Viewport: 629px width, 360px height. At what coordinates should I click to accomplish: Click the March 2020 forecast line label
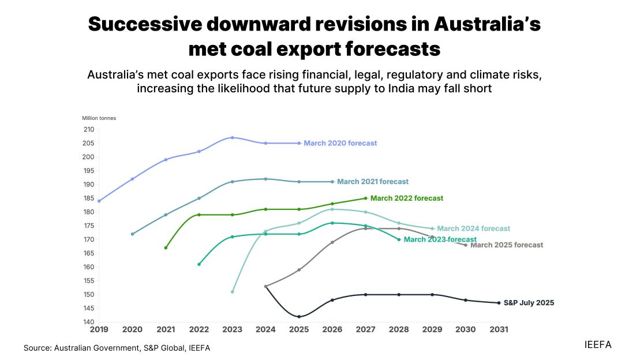[340, 143]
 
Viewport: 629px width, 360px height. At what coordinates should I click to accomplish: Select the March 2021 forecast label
[373, 182]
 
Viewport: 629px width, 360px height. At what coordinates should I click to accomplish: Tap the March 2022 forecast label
[407, 198]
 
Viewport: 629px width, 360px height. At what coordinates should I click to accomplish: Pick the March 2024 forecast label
[473, 228]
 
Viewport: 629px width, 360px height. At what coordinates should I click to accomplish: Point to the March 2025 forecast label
[507, 245]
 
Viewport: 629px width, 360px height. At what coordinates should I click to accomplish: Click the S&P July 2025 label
[529, 302]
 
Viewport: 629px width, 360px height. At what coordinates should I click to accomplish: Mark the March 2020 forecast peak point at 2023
[232, 137]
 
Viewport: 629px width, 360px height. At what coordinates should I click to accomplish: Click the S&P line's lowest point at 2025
[299, 317]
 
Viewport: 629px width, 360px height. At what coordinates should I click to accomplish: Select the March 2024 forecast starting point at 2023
[232, 292]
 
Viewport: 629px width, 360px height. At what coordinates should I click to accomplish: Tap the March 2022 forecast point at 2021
[166, 247]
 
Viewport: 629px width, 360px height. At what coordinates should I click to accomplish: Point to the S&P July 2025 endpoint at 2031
[499, 303]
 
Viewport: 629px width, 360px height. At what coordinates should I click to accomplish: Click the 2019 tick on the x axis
[99, 329]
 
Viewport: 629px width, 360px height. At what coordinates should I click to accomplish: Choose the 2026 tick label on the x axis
[332, 329]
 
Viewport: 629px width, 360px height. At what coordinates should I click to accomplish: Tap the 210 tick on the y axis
[88, 129]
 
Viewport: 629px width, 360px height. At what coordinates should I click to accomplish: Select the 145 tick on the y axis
[88, 308]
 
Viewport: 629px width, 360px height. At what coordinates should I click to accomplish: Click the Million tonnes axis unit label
[99, 118]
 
